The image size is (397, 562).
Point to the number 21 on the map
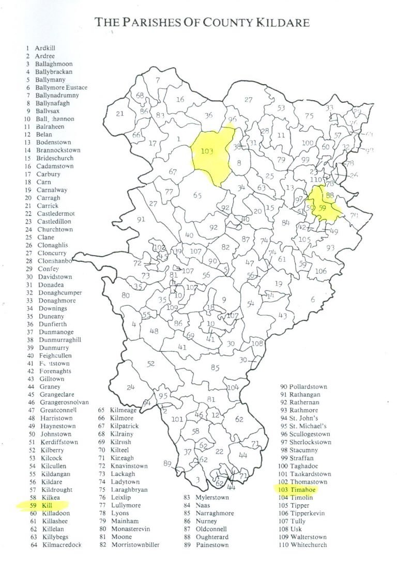coord(120,114)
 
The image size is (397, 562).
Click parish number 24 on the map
coord(131,387)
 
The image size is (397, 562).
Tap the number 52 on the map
coord(150,364)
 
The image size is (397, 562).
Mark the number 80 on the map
coord(125,295)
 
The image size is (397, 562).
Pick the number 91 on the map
coord(141,220)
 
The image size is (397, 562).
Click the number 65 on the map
coord(197,195)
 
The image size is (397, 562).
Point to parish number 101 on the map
coord(177,419)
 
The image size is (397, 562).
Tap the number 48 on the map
coord(154,331)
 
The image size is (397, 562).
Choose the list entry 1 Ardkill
coord(41,48)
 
